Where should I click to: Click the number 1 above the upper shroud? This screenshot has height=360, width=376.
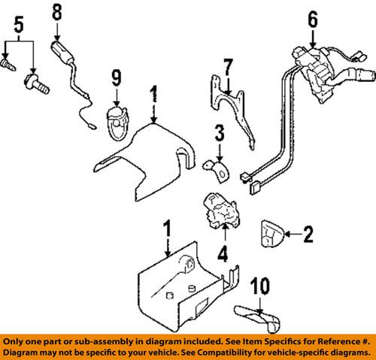click(154, 94)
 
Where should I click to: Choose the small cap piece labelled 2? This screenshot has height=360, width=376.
click(272, 236)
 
